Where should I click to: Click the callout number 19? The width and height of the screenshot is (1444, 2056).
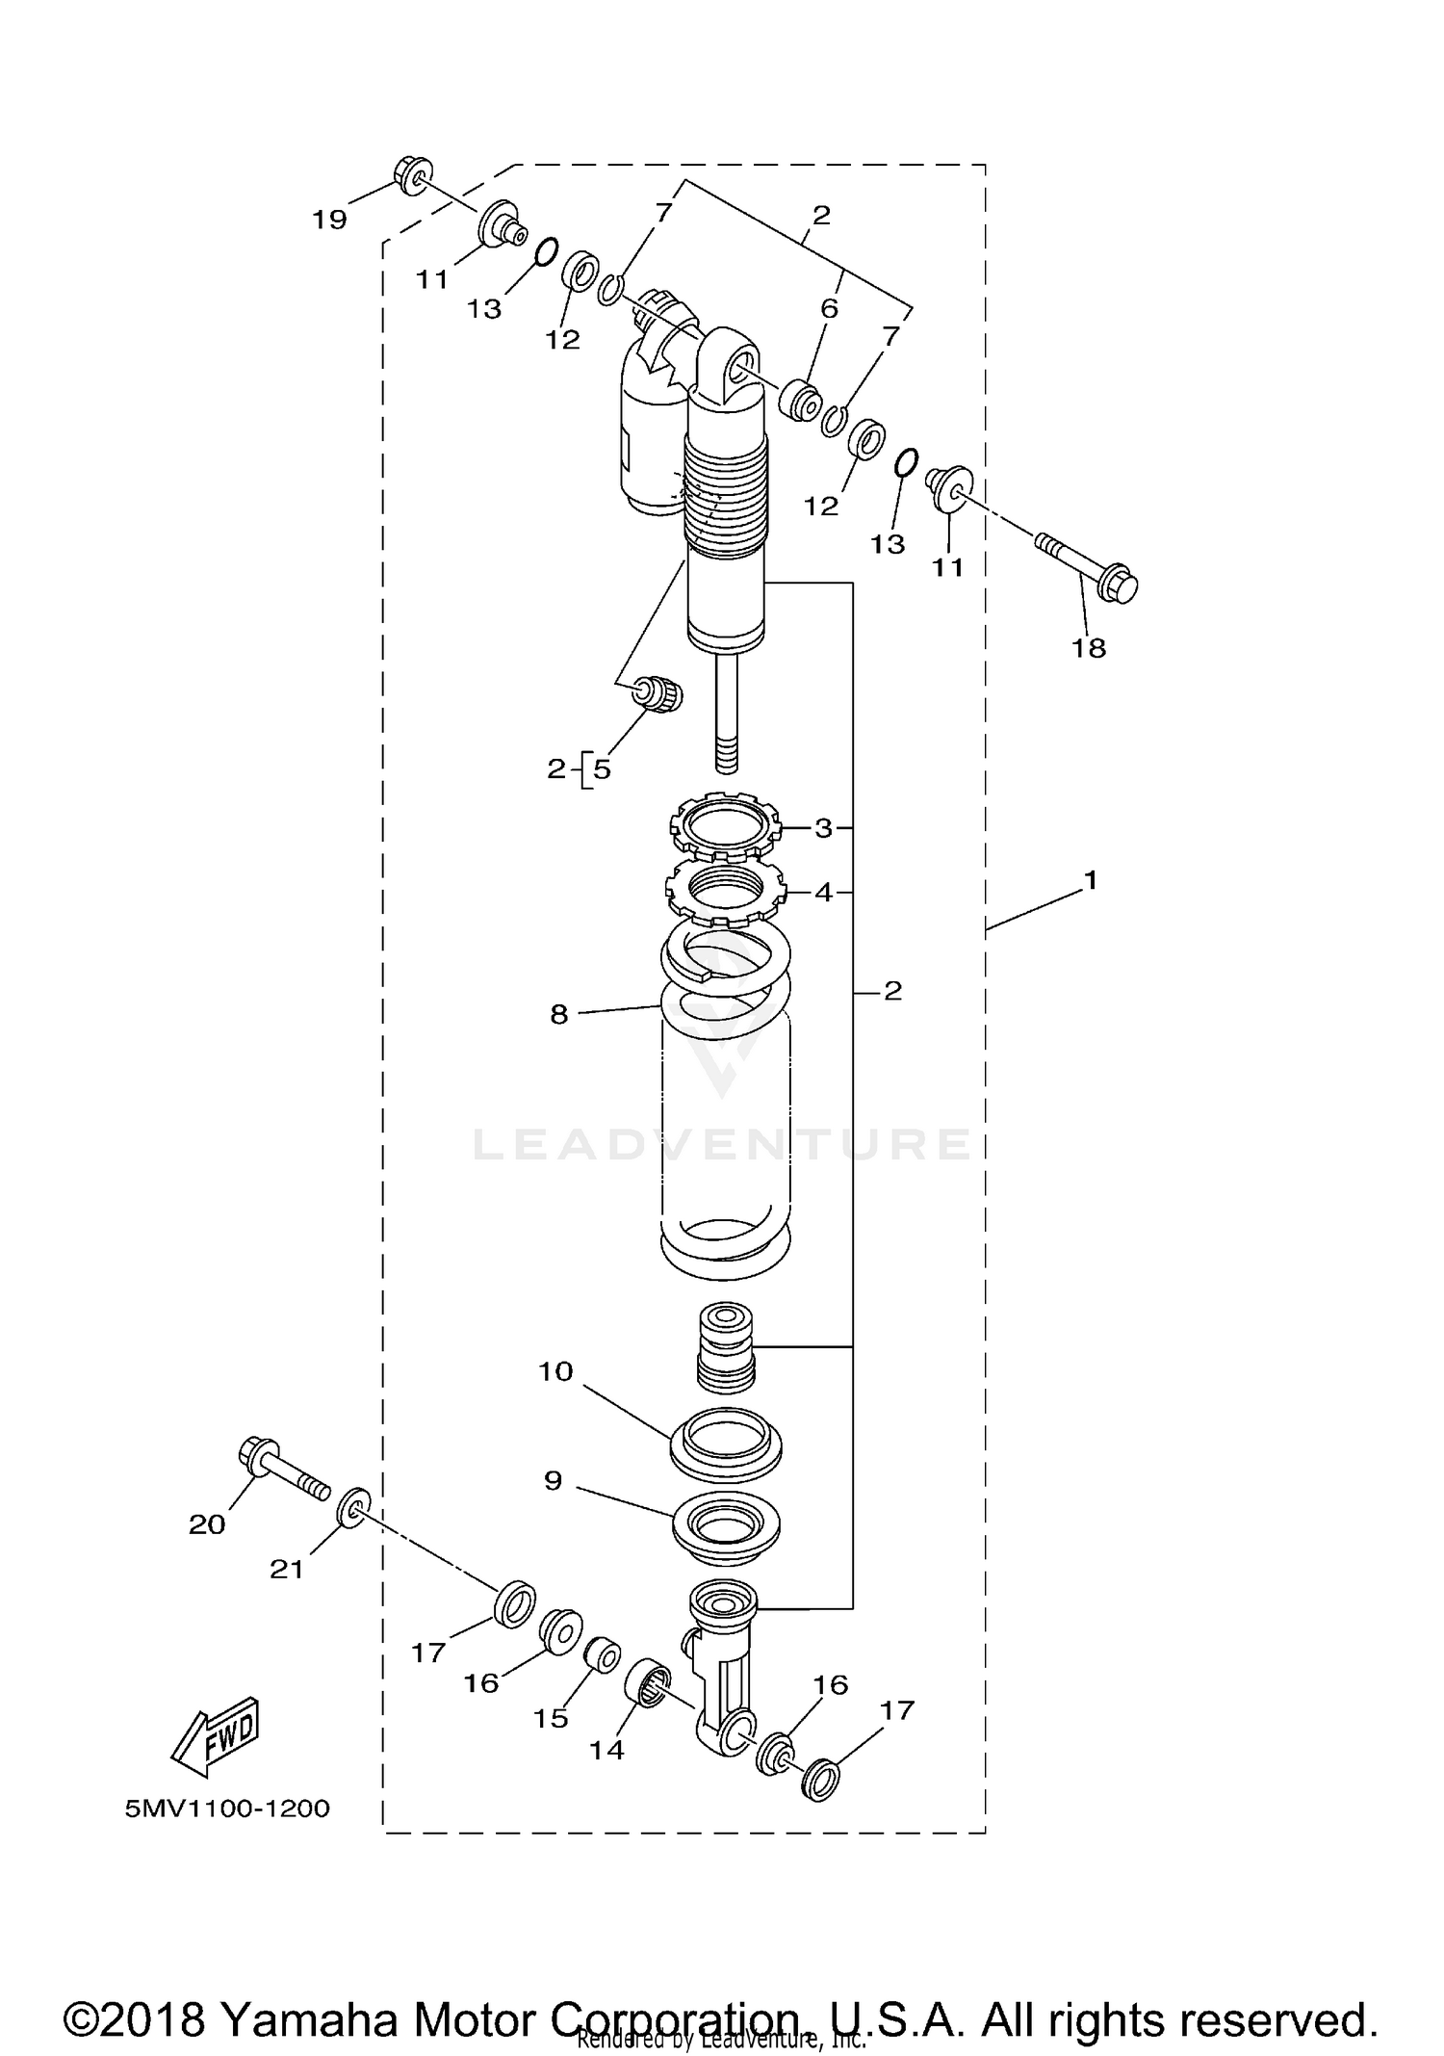329,220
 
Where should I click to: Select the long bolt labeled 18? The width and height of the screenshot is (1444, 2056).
1088,566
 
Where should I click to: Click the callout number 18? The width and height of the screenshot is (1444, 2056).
1089,648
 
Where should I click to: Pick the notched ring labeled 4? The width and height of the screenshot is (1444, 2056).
724,891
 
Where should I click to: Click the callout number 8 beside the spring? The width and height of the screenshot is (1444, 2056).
559,1014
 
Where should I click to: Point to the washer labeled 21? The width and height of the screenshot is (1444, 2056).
354,1508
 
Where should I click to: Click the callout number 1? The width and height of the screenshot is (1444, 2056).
1090,880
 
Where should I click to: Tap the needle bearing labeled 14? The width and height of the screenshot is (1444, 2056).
647,1685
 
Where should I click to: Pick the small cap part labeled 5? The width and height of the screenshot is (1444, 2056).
660,694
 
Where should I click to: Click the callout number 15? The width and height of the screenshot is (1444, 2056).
551,1719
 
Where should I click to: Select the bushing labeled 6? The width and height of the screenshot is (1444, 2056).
800,399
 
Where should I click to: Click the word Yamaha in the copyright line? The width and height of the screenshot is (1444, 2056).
309,1992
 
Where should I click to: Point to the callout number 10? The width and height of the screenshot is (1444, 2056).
555,1371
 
